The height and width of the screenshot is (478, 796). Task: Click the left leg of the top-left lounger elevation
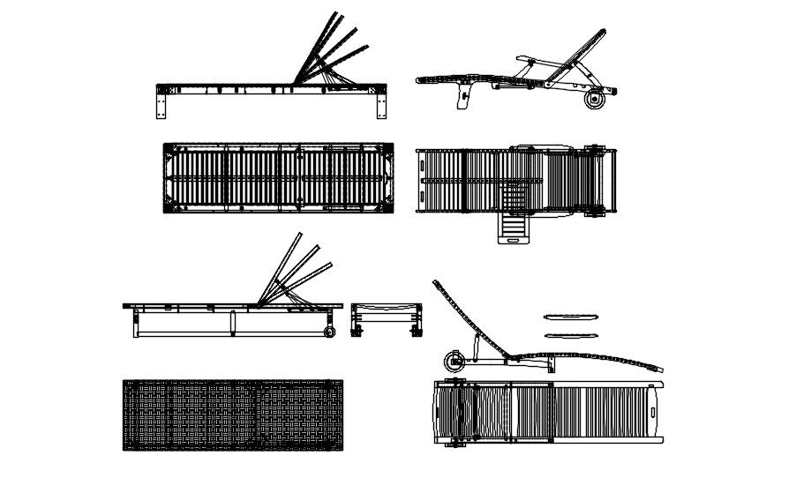point(161,105)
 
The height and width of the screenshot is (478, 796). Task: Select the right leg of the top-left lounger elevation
point(381,105)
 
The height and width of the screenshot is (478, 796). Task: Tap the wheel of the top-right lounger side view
point(591,101)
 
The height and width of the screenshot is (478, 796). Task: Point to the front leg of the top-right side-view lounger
point(461,99)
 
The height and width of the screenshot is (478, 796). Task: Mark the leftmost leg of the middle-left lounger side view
point(136,324)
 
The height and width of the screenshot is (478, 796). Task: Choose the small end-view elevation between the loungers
point(387,318)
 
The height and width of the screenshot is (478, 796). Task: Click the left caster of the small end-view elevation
point(358,332)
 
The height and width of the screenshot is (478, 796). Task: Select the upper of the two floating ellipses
point(572,316)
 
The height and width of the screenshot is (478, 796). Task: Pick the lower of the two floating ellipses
point(572,335)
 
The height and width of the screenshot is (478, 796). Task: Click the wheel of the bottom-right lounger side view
point(455,362)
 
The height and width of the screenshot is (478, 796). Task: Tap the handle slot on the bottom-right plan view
point(652,411)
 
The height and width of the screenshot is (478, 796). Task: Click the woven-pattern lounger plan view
point(233,415)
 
